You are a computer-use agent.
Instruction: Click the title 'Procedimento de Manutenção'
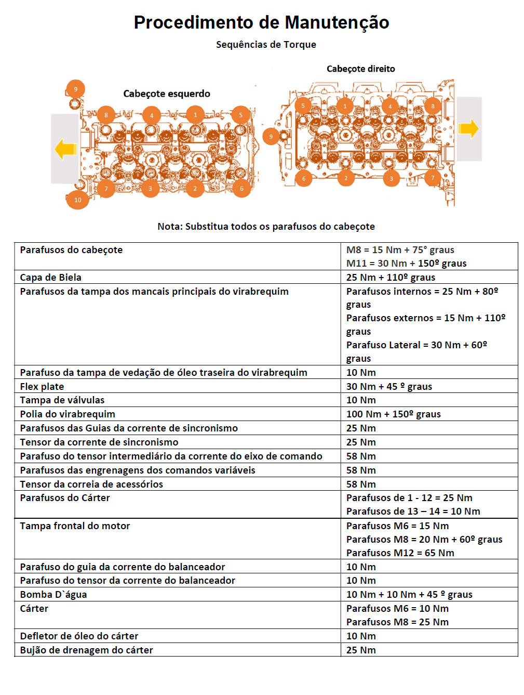pyautogui.click(x=261, y=22)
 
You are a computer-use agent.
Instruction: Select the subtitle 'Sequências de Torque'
pyautogui.click(x=266, y=45)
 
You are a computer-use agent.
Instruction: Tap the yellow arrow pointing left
pyautogui.click(x=65, y=149)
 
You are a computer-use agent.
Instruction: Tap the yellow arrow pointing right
pyautogui.click(x=468, y=128)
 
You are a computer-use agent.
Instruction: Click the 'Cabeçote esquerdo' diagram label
pyautogui.click(x=167, y=94)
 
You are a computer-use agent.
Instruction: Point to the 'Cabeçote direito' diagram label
pyautogui.click(x=360, y=69)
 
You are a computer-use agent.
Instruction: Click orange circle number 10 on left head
pyautogui.click(x=77, y=200)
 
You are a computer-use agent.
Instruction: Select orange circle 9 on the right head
pyautogui.click(x=271, y=137)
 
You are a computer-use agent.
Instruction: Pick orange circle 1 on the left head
pyautogui.click(x=195, y=115)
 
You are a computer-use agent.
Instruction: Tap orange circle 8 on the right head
pyautogui.click(x=433, y=106)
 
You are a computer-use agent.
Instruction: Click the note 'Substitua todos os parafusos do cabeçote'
pyautogui.click(x=266, y=226)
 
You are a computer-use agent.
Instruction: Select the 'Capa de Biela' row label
pyautogui.click(x=51, y=277)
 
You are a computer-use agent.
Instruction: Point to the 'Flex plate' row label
pyautogui.click(x=42, y=386)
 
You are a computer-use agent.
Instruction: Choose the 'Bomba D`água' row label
pyautogui.click(x=53, y=594)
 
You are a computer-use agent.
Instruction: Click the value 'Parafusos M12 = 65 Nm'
pyautogui.click(x=400, y=553)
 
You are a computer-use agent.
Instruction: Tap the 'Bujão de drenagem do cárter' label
pyautogui.click(x=87, y=650)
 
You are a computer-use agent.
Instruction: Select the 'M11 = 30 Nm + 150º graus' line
pyautogui.click(x=406, y=263)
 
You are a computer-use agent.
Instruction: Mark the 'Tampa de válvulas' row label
pyautogui.click(x=62, y=400)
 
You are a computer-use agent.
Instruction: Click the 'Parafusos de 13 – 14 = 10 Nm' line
pyautogui.click(x=413, y=511)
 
